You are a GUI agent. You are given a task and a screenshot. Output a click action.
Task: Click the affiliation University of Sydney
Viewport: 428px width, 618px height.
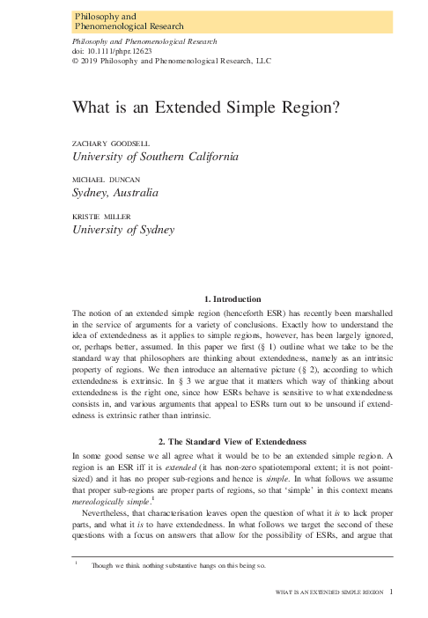click(115, 230)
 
